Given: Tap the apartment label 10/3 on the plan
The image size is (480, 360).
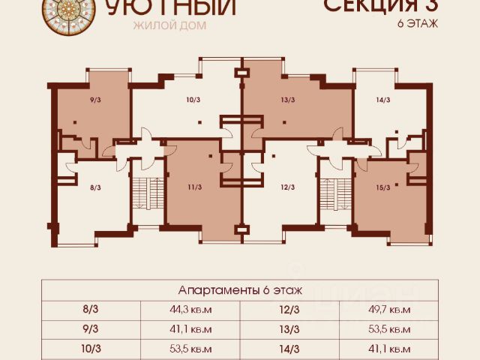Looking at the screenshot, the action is point(193,99).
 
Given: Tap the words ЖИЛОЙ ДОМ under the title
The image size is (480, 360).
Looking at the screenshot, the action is point(169,25).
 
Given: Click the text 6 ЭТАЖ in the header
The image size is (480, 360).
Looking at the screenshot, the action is point(418,23).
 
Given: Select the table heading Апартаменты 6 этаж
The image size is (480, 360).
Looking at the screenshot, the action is point(240,289).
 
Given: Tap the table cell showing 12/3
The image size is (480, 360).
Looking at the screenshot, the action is point(289,309).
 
